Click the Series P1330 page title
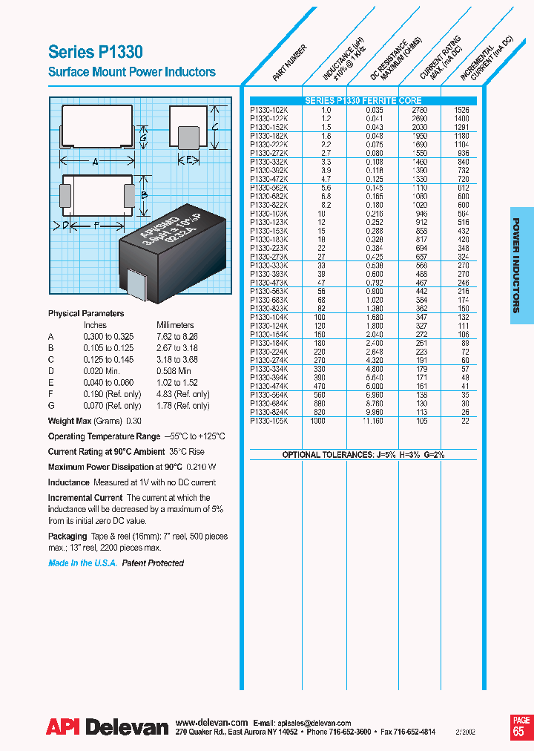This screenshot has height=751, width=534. tap(95, 52)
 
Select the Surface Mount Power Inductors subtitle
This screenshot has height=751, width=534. tap(131, 72)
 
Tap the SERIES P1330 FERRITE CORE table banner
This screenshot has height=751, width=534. tap(363, 101)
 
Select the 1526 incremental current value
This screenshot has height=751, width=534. tap(461, 109)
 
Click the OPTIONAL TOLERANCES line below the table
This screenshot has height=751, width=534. tap(363, 454)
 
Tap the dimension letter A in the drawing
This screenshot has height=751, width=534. tap(95, 162)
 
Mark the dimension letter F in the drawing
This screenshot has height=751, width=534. tap(95, 224)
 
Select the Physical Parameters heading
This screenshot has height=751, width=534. tap(86, 313)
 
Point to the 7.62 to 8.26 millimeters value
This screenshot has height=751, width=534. tap(177, 336)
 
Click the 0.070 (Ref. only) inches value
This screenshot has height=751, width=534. tap(112, 406)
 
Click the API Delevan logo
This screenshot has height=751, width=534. tap(108, 727)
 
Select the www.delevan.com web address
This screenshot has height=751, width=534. tap(211, 722)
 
